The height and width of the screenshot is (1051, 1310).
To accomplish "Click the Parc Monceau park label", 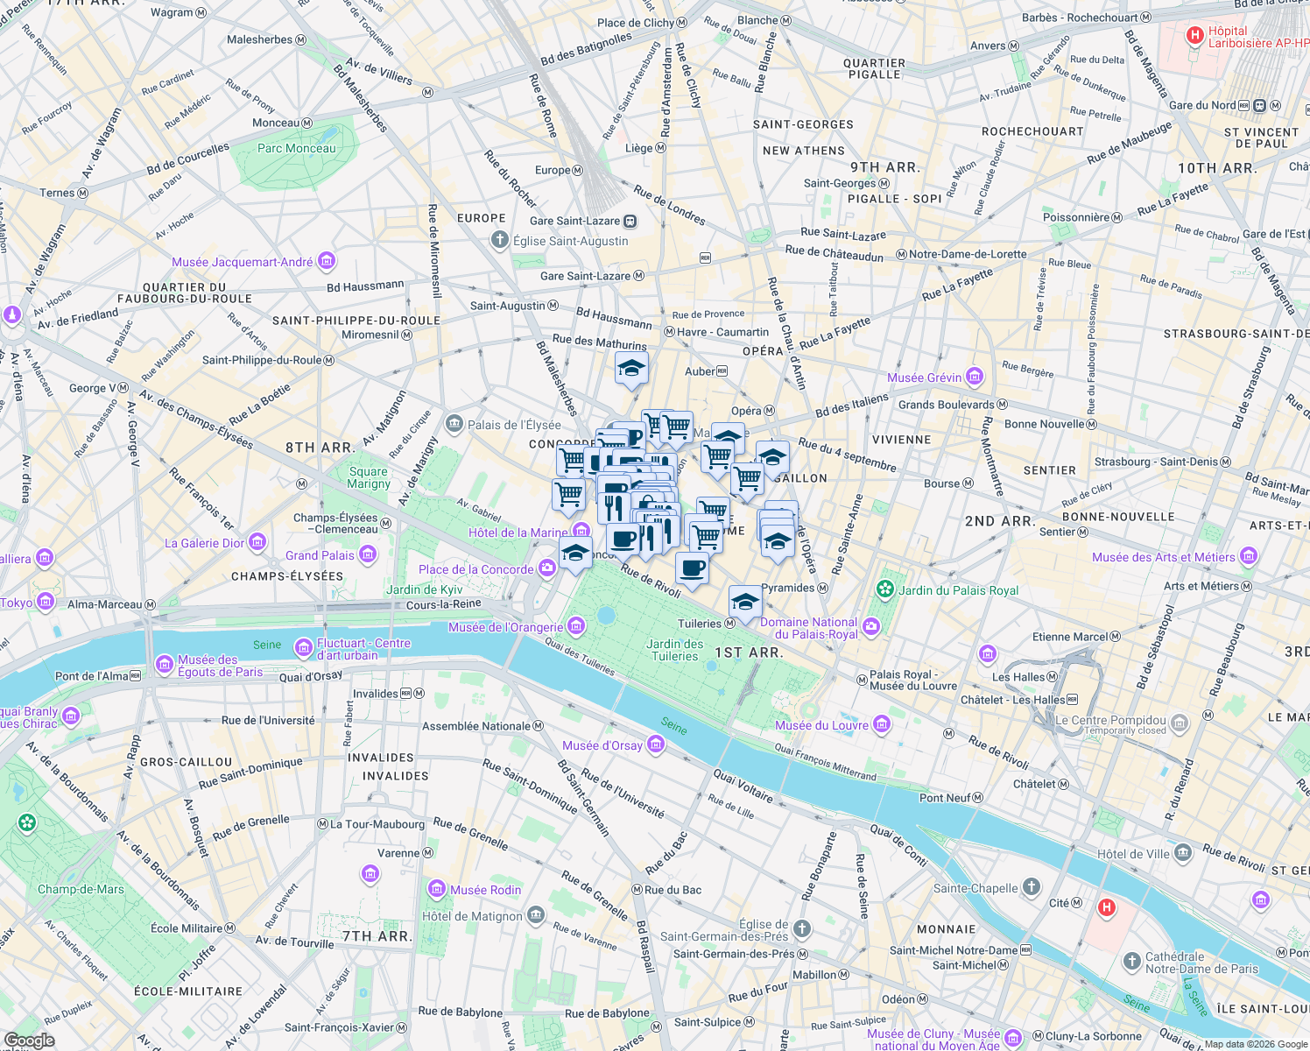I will coord(296,148).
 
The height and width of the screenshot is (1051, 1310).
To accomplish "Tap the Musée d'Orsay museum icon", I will coord(656,745).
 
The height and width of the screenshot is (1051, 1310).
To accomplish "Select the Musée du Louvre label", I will coord(821,725).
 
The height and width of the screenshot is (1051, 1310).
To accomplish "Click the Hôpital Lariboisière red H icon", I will coord(1194,36).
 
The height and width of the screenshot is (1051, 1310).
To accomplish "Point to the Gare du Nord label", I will coord(1202,105).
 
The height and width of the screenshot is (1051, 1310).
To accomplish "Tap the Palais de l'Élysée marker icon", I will coord(454,425).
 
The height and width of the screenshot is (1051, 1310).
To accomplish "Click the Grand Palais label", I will coord(320,555).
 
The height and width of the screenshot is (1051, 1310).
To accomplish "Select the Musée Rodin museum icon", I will coord(436,890).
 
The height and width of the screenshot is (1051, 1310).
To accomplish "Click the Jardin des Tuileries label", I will coord(675,650).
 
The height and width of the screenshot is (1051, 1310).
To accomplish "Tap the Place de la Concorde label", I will coord(475,569).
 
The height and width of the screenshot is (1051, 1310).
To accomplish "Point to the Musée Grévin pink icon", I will coord(975,377).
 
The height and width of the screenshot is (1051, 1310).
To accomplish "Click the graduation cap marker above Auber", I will coord(631,368).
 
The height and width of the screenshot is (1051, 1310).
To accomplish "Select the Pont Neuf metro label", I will coord(945,798).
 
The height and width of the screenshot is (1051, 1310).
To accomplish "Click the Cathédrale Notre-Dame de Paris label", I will coord(1201,963).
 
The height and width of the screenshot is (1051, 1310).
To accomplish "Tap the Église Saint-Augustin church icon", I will coord(499,241).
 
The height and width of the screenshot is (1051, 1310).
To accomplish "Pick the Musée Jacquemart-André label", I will coord(242,262).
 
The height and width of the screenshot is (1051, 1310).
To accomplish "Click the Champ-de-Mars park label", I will coord(81,889).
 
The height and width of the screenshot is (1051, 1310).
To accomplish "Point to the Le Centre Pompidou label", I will coord(1110,721).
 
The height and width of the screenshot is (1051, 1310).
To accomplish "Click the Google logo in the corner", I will coord(29,1040).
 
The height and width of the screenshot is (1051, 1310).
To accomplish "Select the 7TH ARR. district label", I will coord(376,936).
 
